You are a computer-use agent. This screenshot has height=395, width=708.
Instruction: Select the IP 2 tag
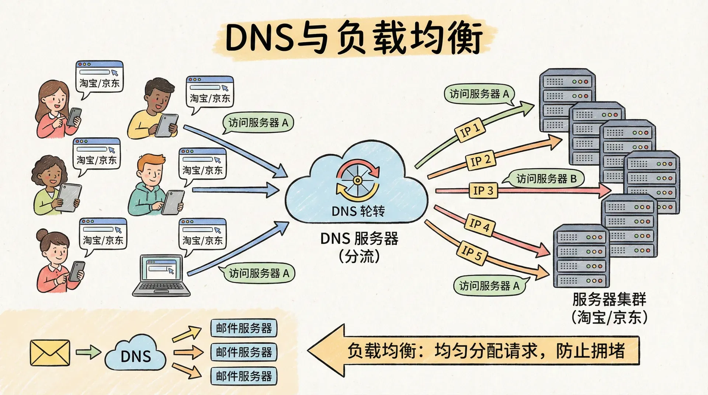pos(481,160)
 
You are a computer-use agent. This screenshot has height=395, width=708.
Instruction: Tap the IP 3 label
pos(483,190)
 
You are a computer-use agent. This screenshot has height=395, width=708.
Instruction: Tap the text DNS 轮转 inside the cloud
pos(358,211)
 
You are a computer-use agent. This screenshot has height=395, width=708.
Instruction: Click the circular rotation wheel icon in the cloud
pos(357,180)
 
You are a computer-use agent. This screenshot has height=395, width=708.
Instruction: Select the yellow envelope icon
pos(50,353)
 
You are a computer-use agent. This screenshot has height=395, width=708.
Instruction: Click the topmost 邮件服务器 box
pos(244,328)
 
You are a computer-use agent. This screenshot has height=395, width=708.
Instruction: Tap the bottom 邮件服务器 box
pos(244,376)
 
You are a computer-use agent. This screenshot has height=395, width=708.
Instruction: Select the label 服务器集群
pos(609,299)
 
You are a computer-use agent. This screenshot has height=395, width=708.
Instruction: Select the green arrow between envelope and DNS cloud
pos(88,352)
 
